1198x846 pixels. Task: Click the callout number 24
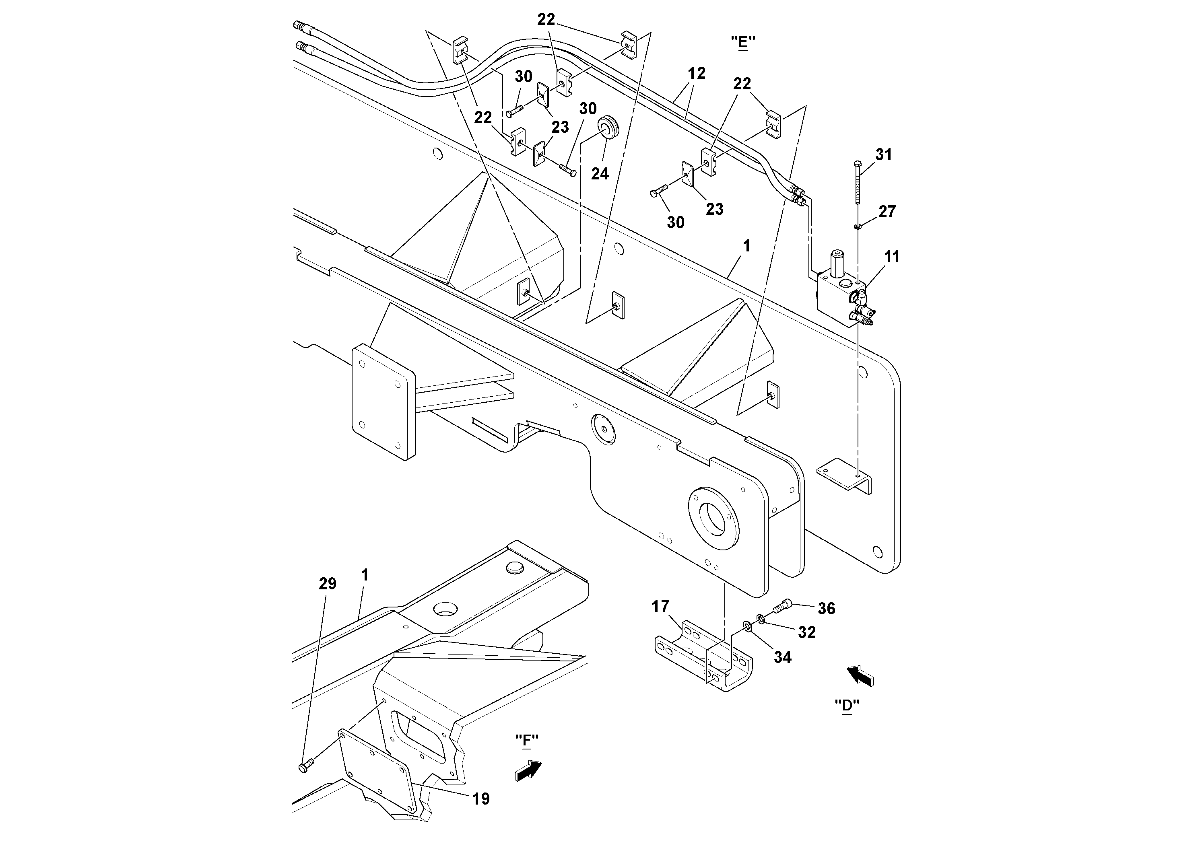(x=600, y=174)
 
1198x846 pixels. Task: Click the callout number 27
(x=887, y=211)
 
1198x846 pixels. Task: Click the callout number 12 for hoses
(x=697, y=74)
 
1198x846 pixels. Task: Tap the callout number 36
(x=827, y=608)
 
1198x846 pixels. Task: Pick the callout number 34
(x=783, y=657)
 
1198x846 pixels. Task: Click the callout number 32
(x=807, y=632)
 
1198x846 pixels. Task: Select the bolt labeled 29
(x=306, y=766)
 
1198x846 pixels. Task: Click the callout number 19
(x=481, y=799)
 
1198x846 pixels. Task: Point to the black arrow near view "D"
(x=860, y=676)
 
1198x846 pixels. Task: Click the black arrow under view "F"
(x=528, y=770)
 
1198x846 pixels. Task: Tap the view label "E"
(x=743, y=42)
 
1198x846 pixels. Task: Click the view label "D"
(x=847, y=705)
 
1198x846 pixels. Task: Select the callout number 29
(x=328, y=584)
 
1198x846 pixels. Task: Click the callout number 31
(x=884, y=154)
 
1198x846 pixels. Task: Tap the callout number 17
(x=660, y=606)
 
